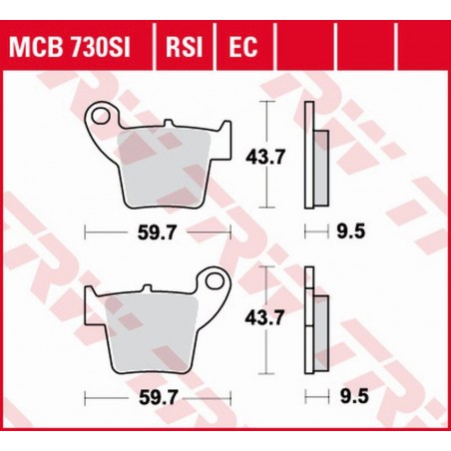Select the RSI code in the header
[x=187, y=45]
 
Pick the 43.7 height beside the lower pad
[x=261, y=317]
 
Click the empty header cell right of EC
[x=301, y=45]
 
